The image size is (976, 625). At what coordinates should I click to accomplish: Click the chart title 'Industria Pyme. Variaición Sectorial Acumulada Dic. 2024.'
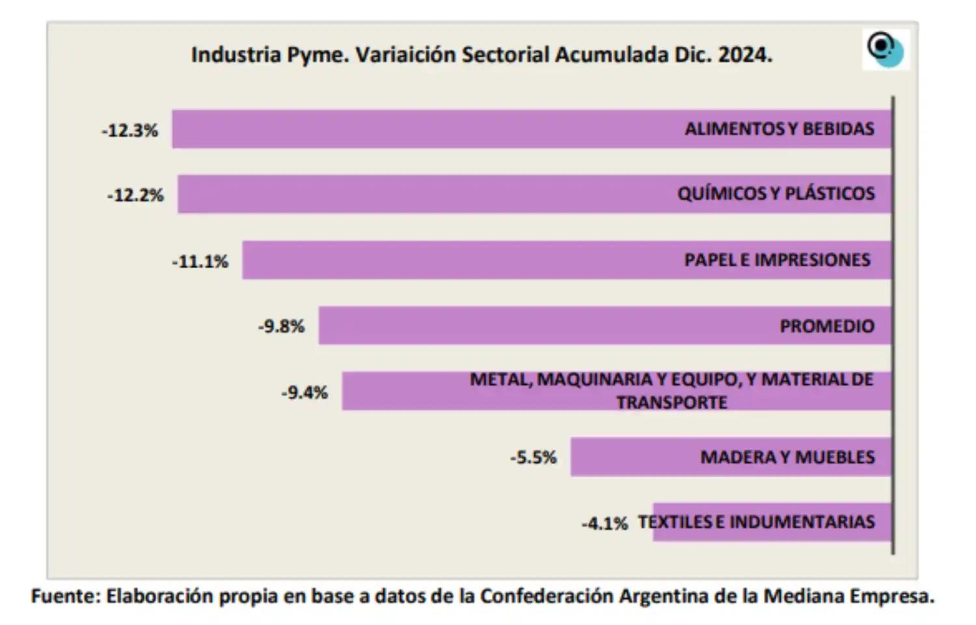(481, 55)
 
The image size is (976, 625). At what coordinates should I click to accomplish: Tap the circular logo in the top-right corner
(886, 49)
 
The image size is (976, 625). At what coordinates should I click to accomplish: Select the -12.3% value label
(130, 131)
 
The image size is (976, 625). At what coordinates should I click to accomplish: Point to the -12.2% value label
(135, 195)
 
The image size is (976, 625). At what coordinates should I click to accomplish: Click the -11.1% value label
(200, 262)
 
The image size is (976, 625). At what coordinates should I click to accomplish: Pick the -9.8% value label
(281, 326)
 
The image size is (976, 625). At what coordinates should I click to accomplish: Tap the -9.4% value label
(305, 393)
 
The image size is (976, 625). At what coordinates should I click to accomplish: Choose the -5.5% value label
(534, 458)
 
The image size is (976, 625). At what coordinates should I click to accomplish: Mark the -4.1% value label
(604, 523)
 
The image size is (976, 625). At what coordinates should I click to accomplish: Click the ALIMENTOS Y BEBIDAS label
(779, 129)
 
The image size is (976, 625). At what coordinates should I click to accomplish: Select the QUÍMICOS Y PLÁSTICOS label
(776, 193)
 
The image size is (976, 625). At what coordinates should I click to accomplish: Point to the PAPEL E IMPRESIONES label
(777, 260)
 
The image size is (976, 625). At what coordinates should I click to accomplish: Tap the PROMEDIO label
(827, 326)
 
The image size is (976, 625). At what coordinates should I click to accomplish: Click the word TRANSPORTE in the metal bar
(671, 402)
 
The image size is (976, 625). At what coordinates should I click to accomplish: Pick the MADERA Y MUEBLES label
(787, 457)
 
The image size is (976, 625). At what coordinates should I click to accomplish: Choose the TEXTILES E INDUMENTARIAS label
(756, 522)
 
